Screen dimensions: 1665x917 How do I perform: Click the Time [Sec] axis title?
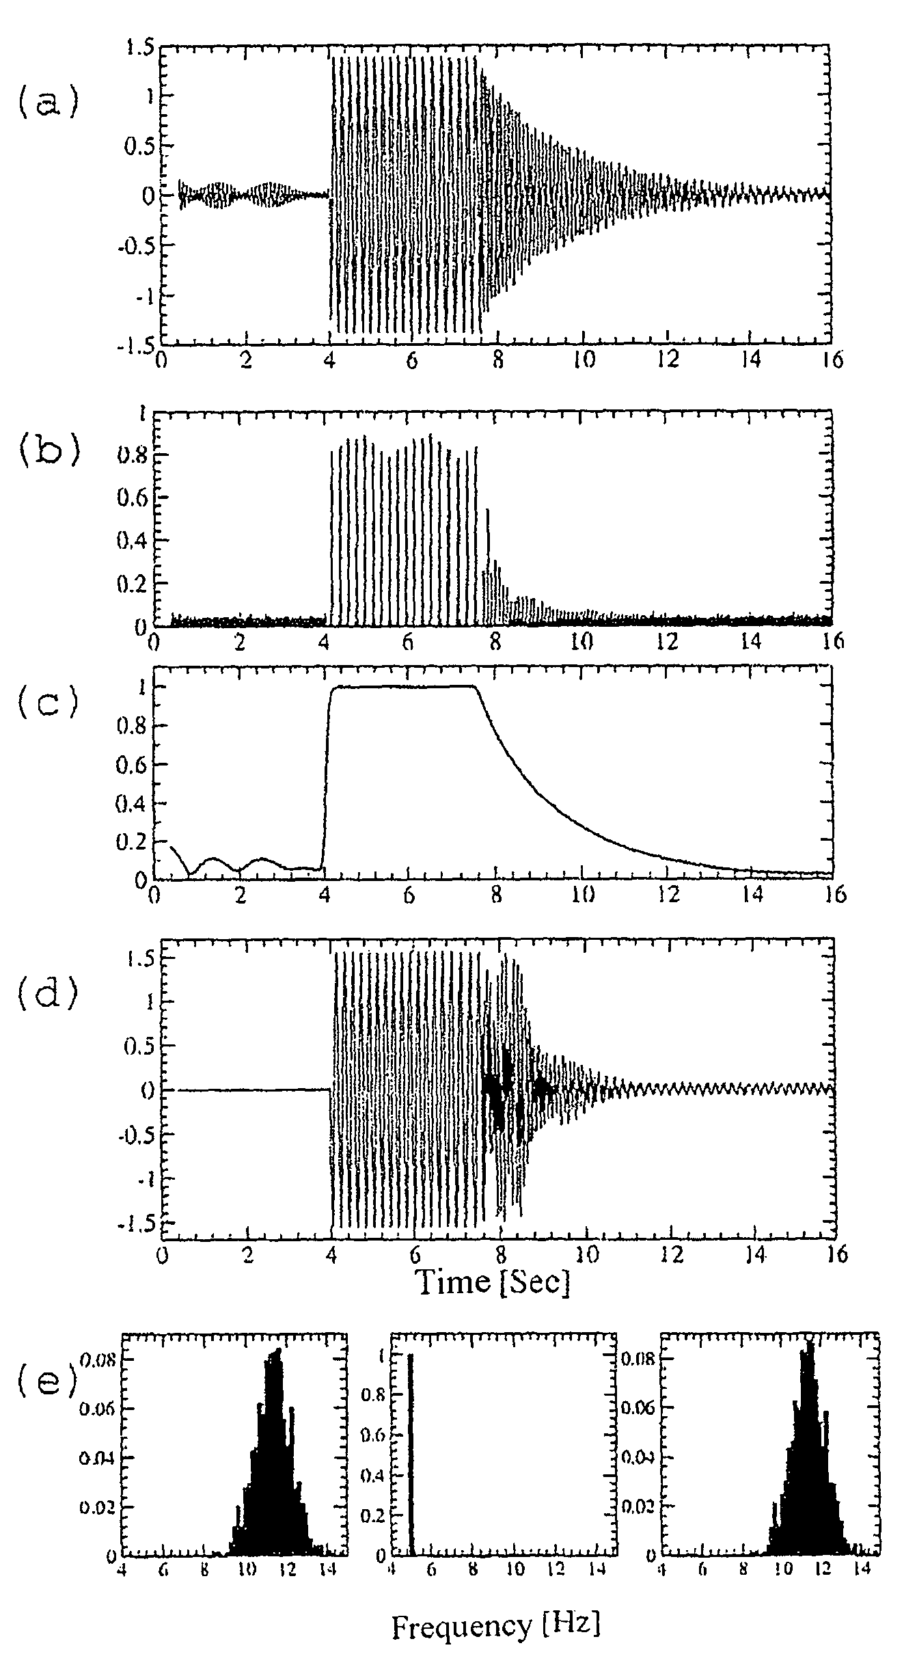(x=493, y=1281)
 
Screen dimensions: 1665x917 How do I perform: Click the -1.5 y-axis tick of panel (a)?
(x=138, y=346)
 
